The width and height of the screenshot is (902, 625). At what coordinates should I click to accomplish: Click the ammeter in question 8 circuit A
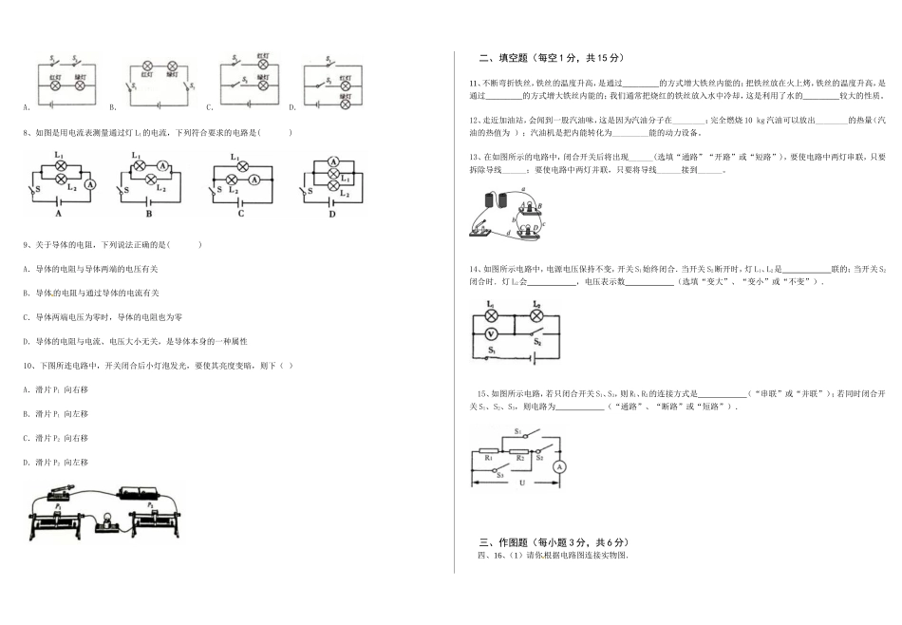[x=90, y=185]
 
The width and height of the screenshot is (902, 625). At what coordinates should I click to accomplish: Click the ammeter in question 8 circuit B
[x=162, y=164]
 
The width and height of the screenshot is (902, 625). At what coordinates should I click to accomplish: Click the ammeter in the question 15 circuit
[x=559, y=467]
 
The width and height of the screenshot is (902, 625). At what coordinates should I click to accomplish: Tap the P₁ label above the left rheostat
[x=58, y=507]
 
